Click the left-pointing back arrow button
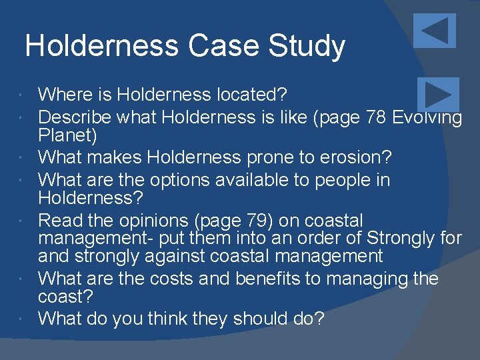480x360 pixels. tap(434, 31)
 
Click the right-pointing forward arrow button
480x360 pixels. tap(438, 95)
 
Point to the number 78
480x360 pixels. tap(380, 117)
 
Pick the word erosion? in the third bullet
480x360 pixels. tap(364, 159)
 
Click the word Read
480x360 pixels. tap(59, 221)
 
